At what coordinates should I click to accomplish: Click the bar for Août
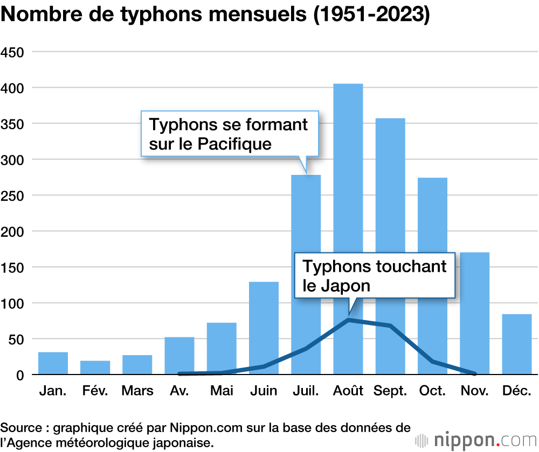[348, 188]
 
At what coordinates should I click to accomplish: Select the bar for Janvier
[53, 363]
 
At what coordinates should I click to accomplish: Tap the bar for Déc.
[516, 344]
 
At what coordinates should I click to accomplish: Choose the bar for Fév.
[95, 368]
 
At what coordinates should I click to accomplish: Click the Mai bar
[222, 347]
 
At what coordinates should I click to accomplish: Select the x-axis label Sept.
[390, 391]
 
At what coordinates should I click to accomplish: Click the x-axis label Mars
[137, 391]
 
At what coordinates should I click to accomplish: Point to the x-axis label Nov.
[474, 391]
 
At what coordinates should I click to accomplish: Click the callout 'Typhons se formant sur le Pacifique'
[229, 133]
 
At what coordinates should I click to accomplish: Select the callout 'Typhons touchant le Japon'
[375, 276]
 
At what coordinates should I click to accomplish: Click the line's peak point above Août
[348, 320]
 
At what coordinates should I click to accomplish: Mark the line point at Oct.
[432, 362]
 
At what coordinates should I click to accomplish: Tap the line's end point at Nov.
[474, 373]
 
